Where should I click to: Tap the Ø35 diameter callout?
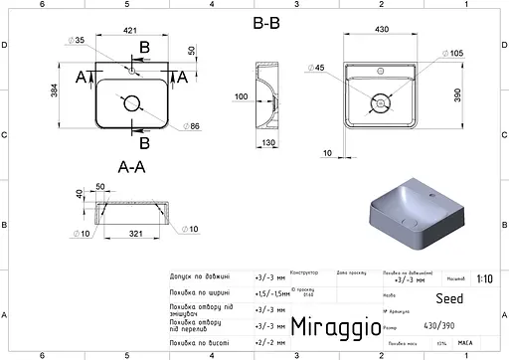point(77,41)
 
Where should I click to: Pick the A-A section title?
point(132,166)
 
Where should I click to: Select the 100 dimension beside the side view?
point(242,96)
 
